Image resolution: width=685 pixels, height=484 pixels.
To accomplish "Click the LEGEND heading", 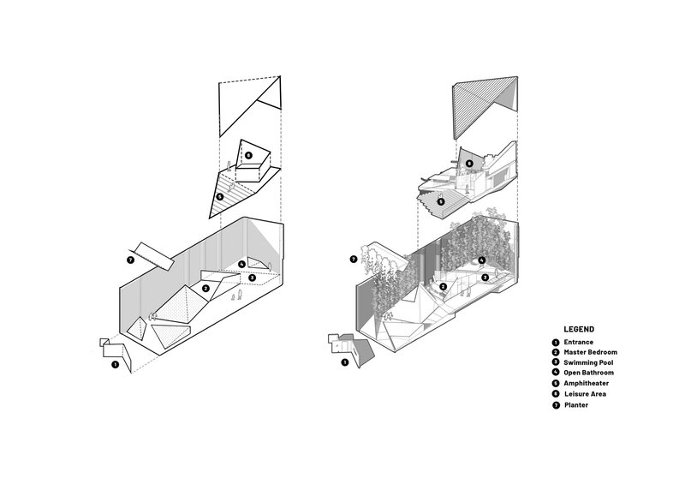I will [x=579, y=329].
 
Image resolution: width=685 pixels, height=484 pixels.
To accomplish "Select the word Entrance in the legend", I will [x=578, y=342].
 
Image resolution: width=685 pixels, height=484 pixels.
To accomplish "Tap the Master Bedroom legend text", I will [x=590, y=352].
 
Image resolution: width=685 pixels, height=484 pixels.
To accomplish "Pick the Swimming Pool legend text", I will [x=589, y=362].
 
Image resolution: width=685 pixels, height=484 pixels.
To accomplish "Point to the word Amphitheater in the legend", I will [x=587, y=384].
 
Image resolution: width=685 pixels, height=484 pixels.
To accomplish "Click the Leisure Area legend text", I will [x=585, y=394].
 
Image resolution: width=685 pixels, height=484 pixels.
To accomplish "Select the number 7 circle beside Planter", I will [x=556, y=404].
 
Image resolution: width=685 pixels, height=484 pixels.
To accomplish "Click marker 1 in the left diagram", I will [x=116, y=364].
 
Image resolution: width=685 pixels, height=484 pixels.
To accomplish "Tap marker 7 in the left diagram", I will [x=129, y=260].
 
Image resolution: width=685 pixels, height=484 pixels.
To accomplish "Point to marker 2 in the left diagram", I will [x=206, y=289].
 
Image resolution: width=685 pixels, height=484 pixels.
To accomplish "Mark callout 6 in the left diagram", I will [x=247, y=156].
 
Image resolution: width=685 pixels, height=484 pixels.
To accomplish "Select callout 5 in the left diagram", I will [x=220, y=196].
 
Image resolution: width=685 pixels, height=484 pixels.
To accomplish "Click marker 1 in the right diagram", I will [x=344, y=363].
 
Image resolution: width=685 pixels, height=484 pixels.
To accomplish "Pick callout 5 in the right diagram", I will [x=441, y=202].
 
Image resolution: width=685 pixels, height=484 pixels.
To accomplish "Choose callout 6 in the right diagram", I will [x=469, y=162].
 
